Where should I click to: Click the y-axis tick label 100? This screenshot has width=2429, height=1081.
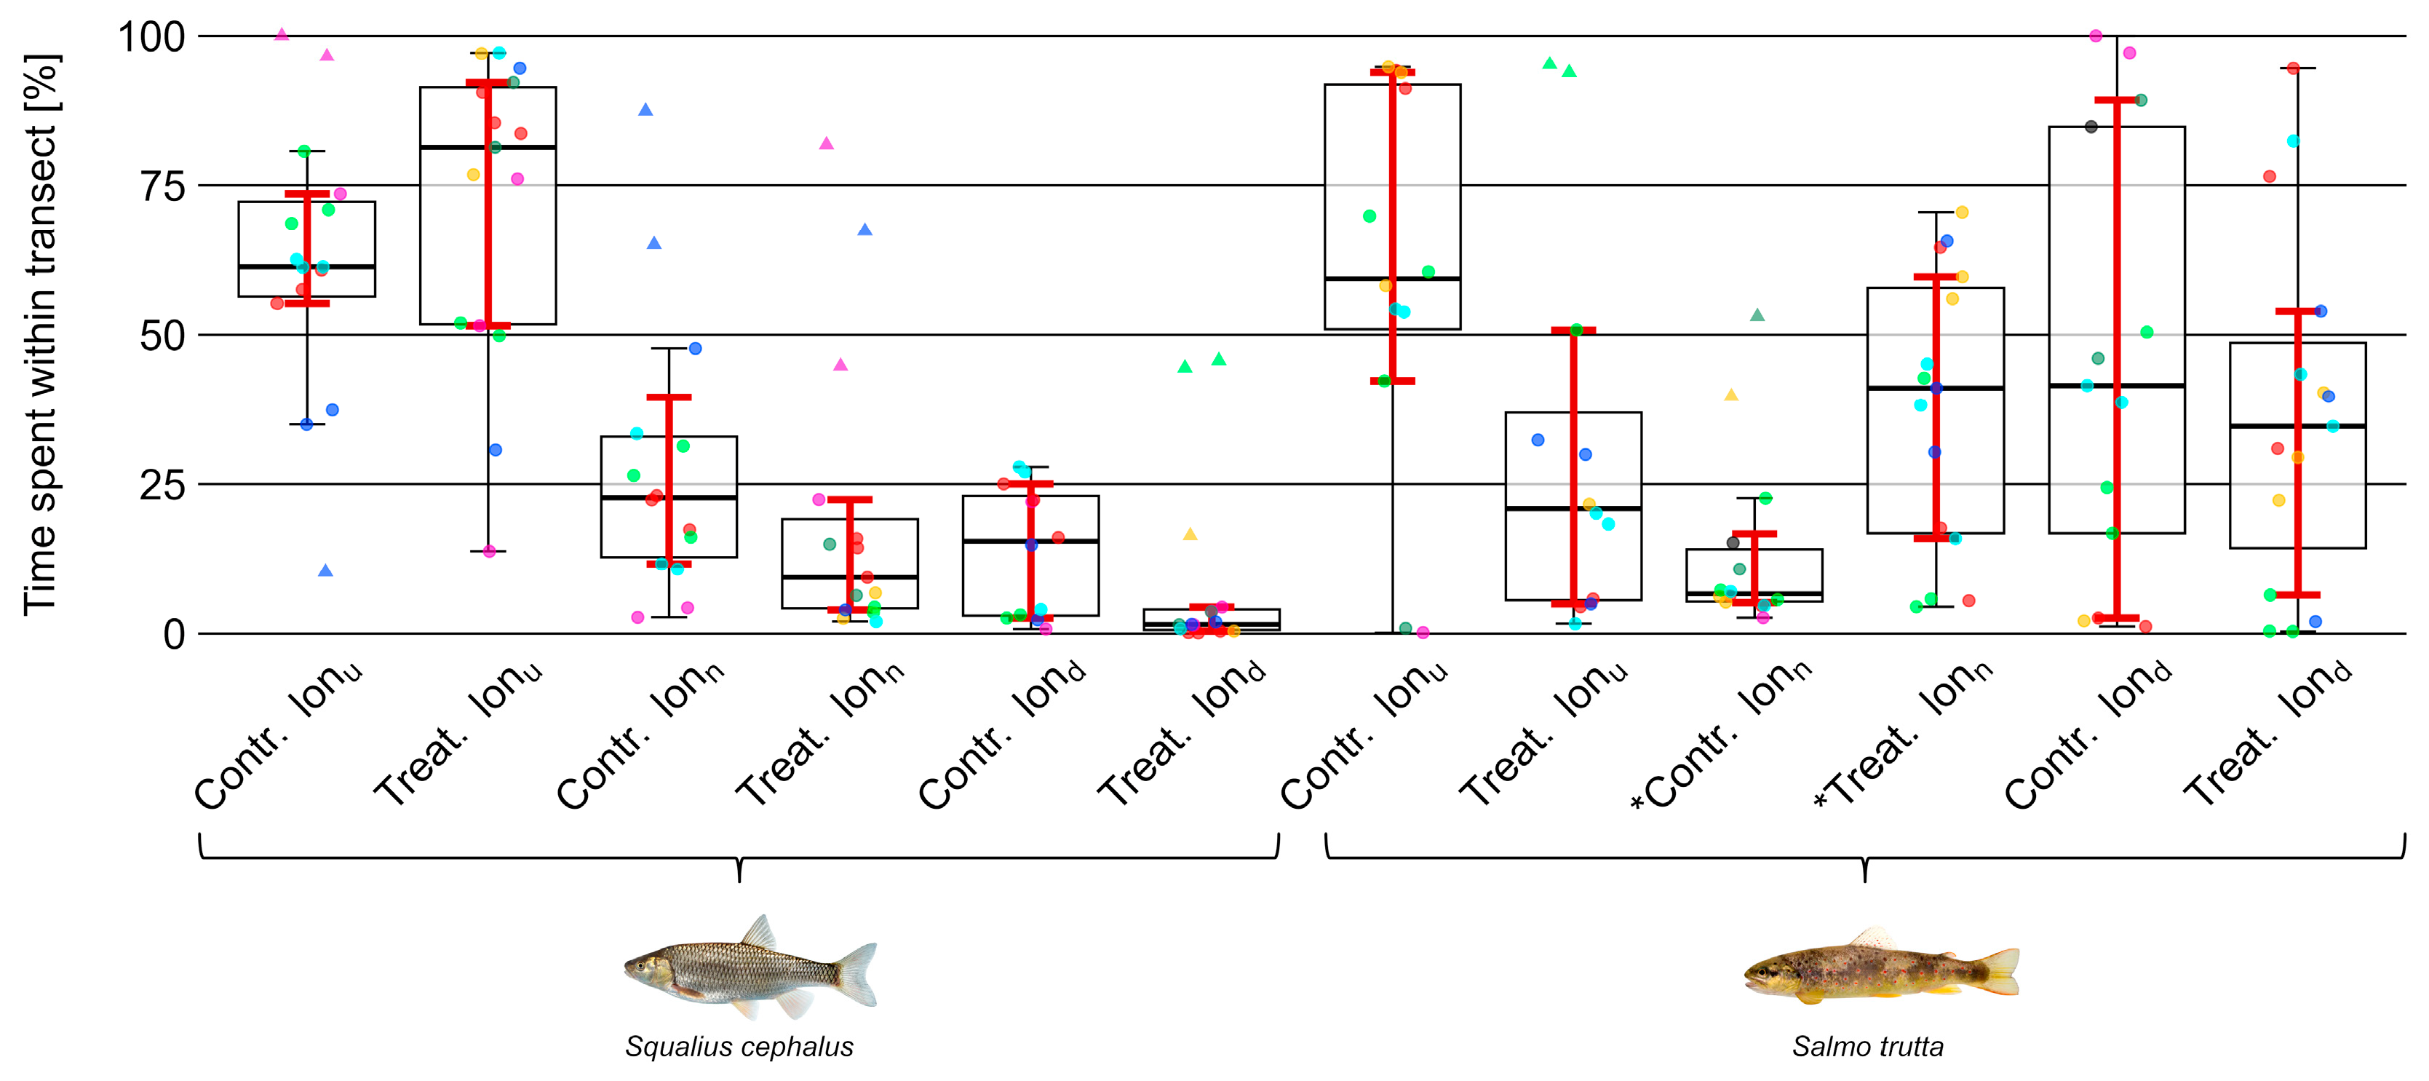point(151,38)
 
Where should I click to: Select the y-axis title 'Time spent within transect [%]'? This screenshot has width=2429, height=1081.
point(41,335)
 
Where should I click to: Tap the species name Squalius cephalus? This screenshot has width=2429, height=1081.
point(739,1047)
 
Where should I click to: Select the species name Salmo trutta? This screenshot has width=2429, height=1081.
point(1867,1047)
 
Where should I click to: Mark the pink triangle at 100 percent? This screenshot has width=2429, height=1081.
point(281,35)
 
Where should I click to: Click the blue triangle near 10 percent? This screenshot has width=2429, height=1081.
point(325,571)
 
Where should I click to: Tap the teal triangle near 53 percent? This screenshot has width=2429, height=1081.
point(1757,315)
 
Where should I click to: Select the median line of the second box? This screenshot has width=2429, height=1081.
point(488,147)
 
